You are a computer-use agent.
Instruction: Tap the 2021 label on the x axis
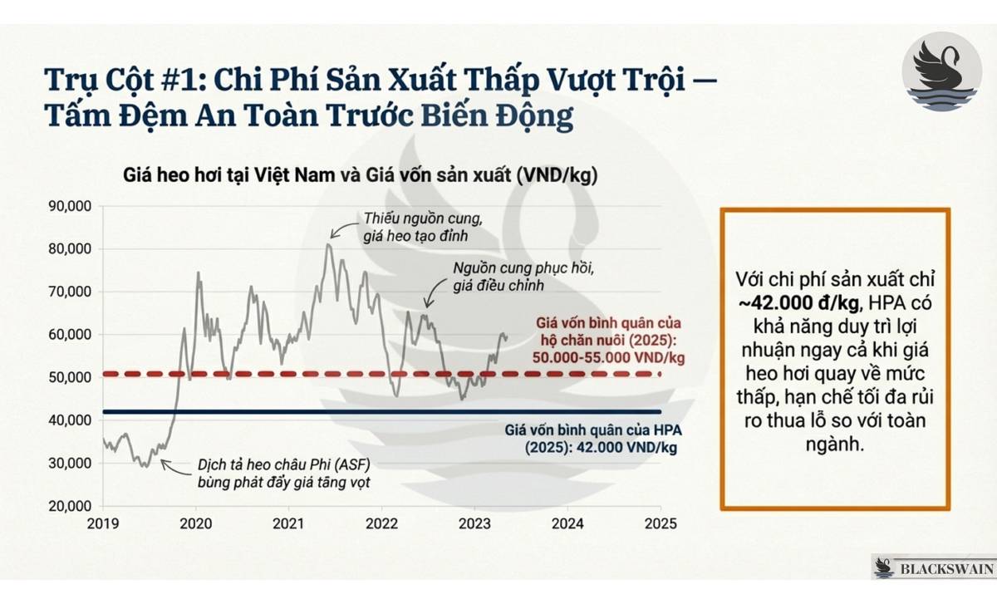pyautogui.click(x=288, y=525)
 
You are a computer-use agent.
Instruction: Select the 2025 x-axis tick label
pyautogui.click(x=660, y=525)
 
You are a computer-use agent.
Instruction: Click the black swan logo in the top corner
pyautogui.click(x=941, y=72)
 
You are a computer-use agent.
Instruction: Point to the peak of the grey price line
pyautogui.click(x=329, y=244)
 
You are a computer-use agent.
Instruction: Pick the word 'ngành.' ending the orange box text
pyautogui.click(x=835, y=444)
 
